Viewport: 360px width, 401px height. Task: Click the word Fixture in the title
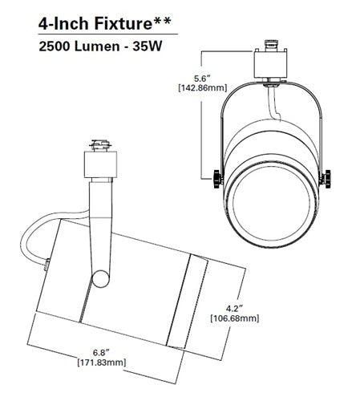click(x=123, y=23)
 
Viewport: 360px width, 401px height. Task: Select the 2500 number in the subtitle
click(x=55, y=47)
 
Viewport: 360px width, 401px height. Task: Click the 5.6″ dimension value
click(x=202, y=79)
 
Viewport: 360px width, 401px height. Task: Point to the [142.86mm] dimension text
click(x=203, y=87)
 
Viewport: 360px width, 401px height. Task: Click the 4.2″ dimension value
click(x=234, y=309)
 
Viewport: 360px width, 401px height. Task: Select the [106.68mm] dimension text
click(x=235, y=318)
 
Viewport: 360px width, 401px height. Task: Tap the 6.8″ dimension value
click(x=101, y=353)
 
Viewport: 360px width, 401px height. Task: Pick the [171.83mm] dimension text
click(x=102, y=363)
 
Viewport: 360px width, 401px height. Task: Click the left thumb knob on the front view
click(x=217, y=179)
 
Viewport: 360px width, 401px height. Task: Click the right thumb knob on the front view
click(x=326, y=179)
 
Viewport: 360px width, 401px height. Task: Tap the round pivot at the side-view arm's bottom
click(x=101, y=279)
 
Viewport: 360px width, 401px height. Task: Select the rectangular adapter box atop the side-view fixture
click(x=100, y=164)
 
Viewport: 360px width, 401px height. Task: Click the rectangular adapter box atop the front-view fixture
click(x=271, y=64)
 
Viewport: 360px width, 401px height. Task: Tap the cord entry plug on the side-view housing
click(x=47, y=265)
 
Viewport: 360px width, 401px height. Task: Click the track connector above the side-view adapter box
click(x=100, y=146)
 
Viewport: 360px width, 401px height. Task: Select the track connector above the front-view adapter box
click(x=271, y=46)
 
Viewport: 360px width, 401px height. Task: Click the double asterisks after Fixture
click(x=161, y=21)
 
